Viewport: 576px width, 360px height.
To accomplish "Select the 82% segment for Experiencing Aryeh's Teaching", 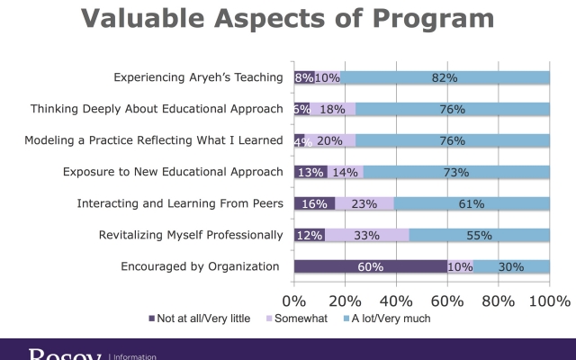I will click(445, 77).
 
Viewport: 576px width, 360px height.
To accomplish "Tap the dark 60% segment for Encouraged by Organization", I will click(371, 266).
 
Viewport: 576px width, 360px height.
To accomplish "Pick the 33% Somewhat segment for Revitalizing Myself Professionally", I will click(367, 235).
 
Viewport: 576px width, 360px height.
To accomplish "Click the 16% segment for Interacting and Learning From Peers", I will click(314, 203).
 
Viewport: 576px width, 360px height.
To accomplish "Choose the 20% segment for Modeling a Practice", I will click(330, 140).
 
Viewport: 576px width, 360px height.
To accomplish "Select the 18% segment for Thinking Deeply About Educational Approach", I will click(332, 109).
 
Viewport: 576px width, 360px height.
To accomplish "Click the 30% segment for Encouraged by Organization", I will click(511, 266).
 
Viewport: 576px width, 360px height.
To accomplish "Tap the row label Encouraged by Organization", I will click(201, 266).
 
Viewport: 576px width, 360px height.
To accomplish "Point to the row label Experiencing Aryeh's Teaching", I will click(198, 77).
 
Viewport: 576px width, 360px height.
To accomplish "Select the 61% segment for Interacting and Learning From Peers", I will click(472, 203).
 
